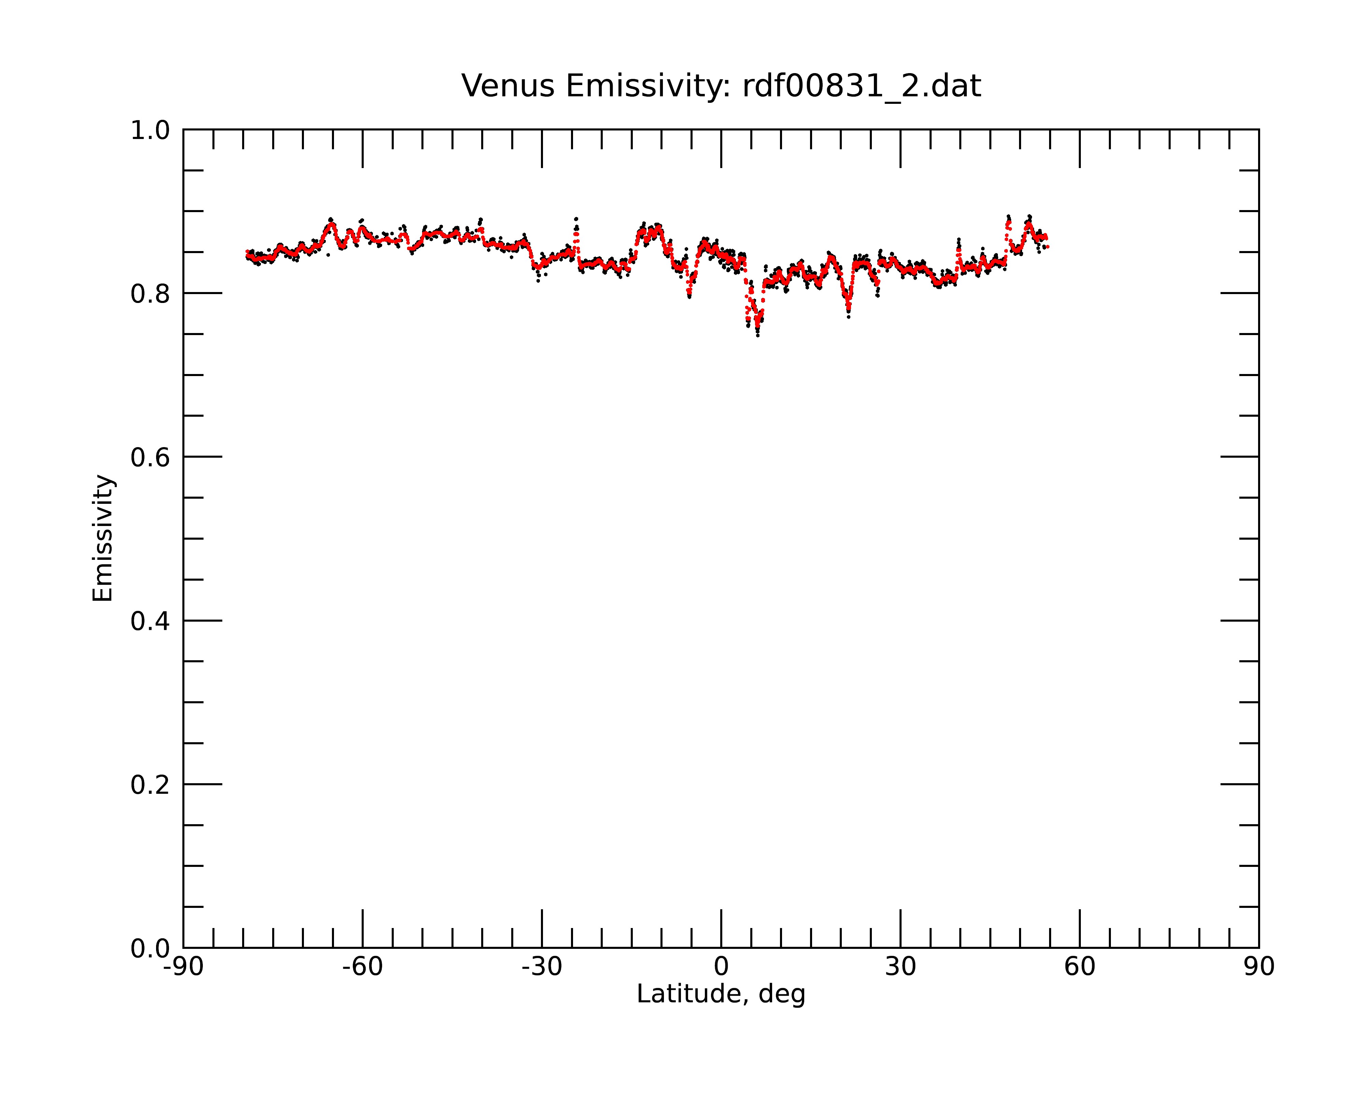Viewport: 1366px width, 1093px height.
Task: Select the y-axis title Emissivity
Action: coord(103,538)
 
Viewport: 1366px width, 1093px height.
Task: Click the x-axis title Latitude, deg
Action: coord(721,994)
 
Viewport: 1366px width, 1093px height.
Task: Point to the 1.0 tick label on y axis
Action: coord(150,131)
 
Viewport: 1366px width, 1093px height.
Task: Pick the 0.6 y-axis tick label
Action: coord(150,457)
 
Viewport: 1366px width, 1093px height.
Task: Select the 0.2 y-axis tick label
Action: coord(150,785)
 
